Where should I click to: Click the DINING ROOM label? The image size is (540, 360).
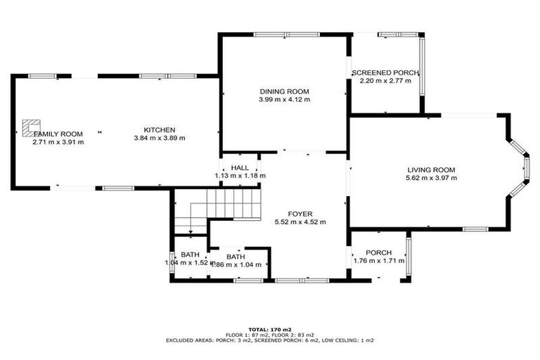pyautogui.click(x=284, y=91)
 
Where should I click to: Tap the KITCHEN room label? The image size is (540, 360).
pyautogui.click(x=159, y=129)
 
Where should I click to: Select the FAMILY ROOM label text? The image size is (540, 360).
pyautogui.click(x=58, y=134)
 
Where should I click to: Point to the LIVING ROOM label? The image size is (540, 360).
pyautogui.click(x=431, y=169)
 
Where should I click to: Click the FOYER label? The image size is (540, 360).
pyautogui.click(x=300, y=214)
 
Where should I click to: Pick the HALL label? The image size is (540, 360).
pyautogui.click(x=240, y=167)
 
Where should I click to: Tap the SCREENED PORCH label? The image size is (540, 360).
pyautogui.click(x=385, y=73)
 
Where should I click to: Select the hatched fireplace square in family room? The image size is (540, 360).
pyautogui.click(x=30, y=127)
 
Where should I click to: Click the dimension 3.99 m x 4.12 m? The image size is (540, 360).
pyautogui.click(x=284, y=100)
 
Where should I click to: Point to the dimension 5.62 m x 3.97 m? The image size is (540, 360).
pyautogui.click(x=431, y=178)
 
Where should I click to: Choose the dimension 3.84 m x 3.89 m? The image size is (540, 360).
pyautogui.click(x=159, y=138)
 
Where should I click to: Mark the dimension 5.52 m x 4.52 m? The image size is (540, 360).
pyautogui.click(x=300, y=222)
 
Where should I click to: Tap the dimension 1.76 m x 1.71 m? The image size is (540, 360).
pyautogui.click(x=379, y=261)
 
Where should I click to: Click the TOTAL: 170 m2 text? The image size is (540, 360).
pyautogui.click(x=270, y=328)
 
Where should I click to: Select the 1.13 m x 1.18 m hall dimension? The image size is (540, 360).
pyautogui.click(x=240, y=176)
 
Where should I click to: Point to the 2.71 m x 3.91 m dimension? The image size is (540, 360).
pyautogui.click(x=58, y=142)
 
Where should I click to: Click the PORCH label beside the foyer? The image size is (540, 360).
pyautogui.click(x=379, y=252)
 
